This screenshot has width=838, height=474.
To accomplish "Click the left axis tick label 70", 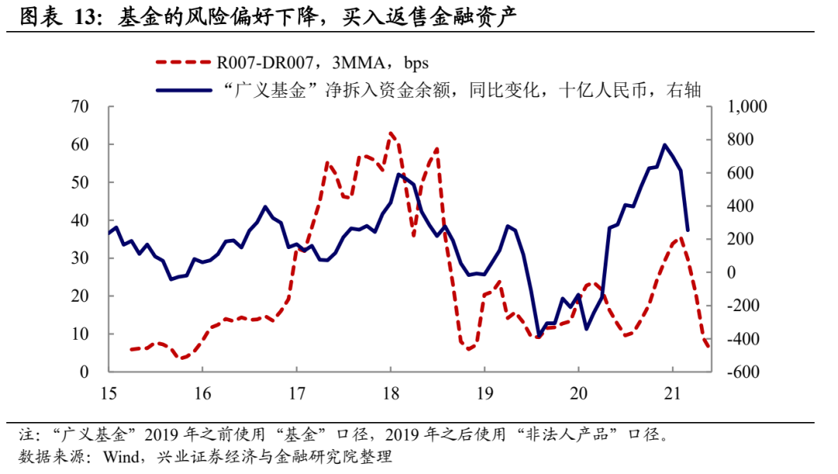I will [81, 107].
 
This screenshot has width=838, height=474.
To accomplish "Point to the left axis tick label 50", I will [81, 183].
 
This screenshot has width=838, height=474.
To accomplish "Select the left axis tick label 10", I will [81, 334].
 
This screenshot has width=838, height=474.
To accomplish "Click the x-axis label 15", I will [108, 391].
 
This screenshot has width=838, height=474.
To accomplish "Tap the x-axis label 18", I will [390, 391].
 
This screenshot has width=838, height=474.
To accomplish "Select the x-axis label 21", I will [672, 391].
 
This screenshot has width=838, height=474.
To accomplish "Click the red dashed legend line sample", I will [183, 63].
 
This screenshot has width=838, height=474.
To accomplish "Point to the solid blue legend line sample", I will [183, 90].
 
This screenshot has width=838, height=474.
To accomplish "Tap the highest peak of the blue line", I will [665, 144].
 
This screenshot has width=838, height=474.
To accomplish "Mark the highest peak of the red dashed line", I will [390, 133].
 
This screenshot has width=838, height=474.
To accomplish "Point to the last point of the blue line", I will [687, 230].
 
